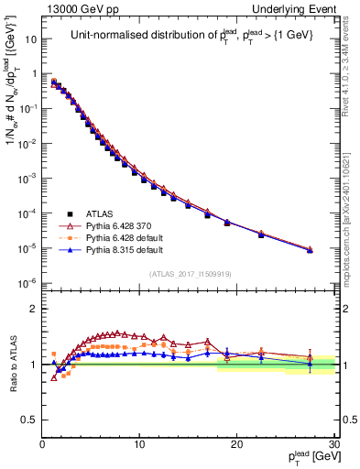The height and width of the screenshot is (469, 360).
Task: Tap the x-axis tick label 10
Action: (139, 444)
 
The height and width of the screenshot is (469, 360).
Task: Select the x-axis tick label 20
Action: (236, 444)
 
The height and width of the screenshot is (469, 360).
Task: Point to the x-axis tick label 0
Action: (42, 444)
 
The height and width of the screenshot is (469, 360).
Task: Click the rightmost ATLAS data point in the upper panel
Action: (310, 250)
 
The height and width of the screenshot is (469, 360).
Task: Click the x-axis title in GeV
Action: (311, 457)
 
